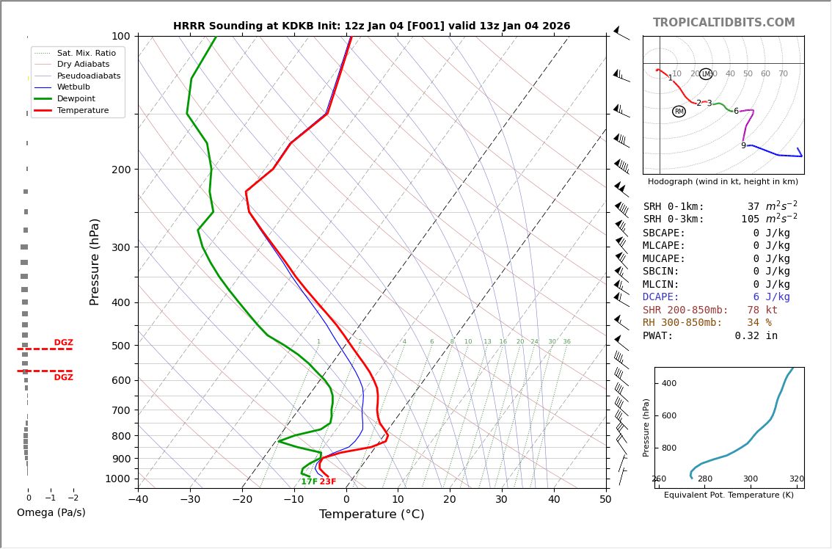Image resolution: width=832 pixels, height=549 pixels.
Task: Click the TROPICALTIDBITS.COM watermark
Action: pyautogui.click(x=723, y=23)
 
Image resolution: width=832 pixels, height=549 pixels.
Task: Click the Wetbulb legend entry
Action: pyautogui.click(x=78, y=87)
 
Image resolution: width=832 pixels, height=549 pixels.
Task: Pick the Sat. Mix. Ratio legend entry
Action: pyautogui.click(x=86, y=53)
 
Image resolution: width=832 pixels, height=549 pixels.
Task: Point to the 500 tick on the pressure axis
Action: pyautogui.click(x=121, y=346)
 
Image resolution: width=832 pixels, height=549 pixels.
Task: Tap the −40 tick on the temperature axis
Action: pyautogui.click(x=138, y=500)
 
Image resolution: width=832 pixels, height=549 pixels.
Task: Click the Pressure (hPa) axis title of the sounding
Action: pyautogui.click(x=95, y=261)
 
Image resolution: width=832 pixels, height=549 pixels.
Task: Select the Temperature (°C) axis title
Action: pyautogui.click(x=371, y=515)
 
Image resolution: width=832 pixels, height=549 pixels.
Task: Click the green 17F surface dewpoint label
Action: pyautogui.click(x=309, y=481)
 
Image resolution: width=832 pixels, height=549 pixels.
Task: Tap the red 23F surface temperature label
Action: pyautogui.click(x=327, y=481)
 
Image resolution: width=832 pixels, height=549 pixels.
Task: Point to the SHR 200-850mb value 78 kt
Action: pyautogui.click(x=762, y=310)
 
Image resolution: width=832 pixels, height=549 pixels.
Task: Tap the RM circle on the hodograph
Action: pyautogui.click(x=679, y=112)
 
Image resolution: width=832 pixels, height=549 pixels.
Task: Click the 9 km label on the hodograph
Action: pyautogui.click(x=743, y=146)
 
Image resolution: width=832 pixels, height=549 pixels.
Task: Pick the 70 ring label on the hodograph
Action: pyautogui.click(x=783, y=74)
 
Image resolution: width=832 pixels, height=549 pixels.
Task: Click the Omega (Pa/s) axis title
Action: pyautogui.click(x=51, y=513)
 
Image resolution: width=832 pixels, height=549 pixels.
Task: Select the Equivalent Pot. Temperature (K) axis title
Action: pyautogui.click(x=729, y=495)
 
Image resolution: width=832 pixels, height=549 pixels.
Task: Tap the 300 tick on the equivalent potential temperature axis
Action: pyautogui.click(x=751, y=479)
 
